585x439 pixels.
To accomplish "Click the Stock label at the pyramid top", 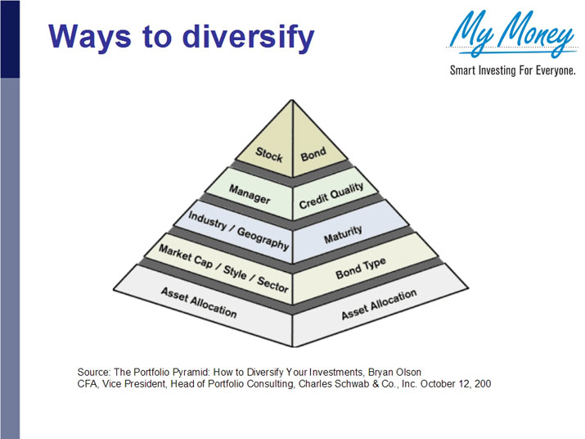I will coord(268,152).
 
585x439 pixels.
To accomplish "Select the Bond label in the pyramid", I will coord(313,152).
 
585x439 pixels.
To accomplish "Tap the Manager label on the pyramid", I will coord(250,194).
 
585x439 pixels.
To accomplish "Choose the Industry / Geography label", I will coord(239,232).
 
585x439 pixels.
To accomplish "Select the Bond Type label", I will coord(360,268).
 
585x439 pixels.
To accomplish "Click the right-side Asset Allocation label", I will coord(380,304).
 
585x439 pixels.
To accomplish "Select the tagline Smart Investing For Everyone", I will coord(513,70).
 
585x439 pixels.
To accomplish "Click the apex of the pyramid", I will coord(292,100).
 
